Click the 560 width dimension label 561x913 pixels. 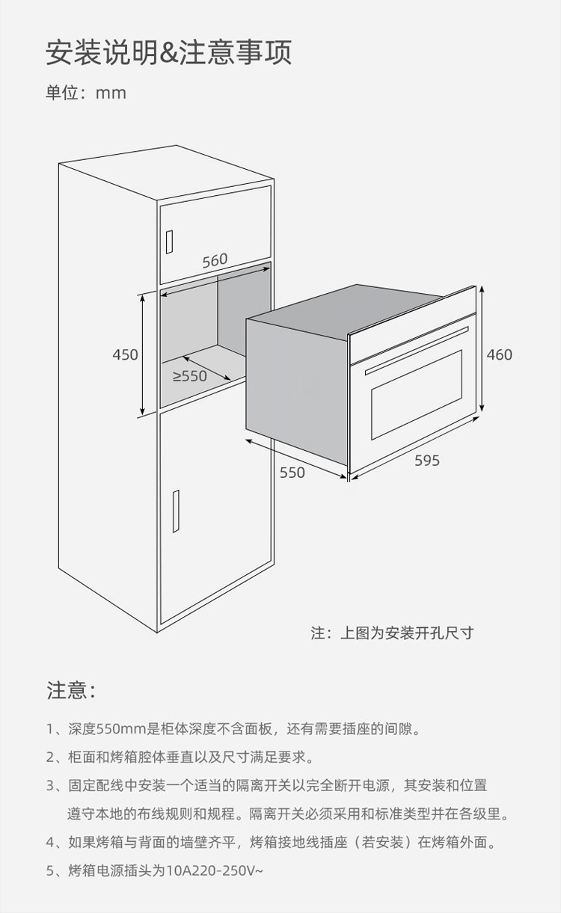[x=215, y=260]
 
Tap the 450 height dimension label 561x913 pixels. [x=126, y=354]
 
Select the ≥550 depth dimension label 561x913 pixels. [x=190, y=376]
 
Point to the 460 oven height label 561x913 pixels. [x=500, y=354]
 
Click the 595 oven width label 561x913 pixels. [x=427, y=461]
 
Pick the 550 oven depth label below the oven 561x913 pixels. [x=292, y=473]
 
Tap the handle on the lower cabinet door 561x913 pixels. [x=176, y=511]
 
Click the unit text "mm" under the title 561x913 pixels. [x=111, y=93]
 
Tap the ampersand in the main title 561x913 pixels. [x=169, y=53]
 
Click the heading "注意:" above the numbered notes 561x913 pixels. [x=72, y=690]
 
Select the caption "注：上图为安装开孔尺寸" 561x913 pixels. [x=393, y=633]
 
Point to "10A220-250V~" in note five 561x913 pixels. [x=215, y=870]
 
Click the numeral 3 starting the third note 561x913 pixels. [x=50, y=785]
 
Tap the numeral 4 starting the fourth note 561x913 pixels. [x=50, y=842]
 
